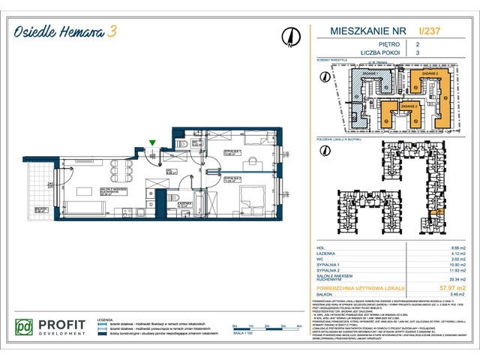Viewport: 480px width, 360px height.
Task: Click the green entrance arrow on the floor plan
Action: (153, 142)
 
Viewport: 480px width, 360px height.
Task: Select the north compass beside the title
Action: (288, 36)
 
